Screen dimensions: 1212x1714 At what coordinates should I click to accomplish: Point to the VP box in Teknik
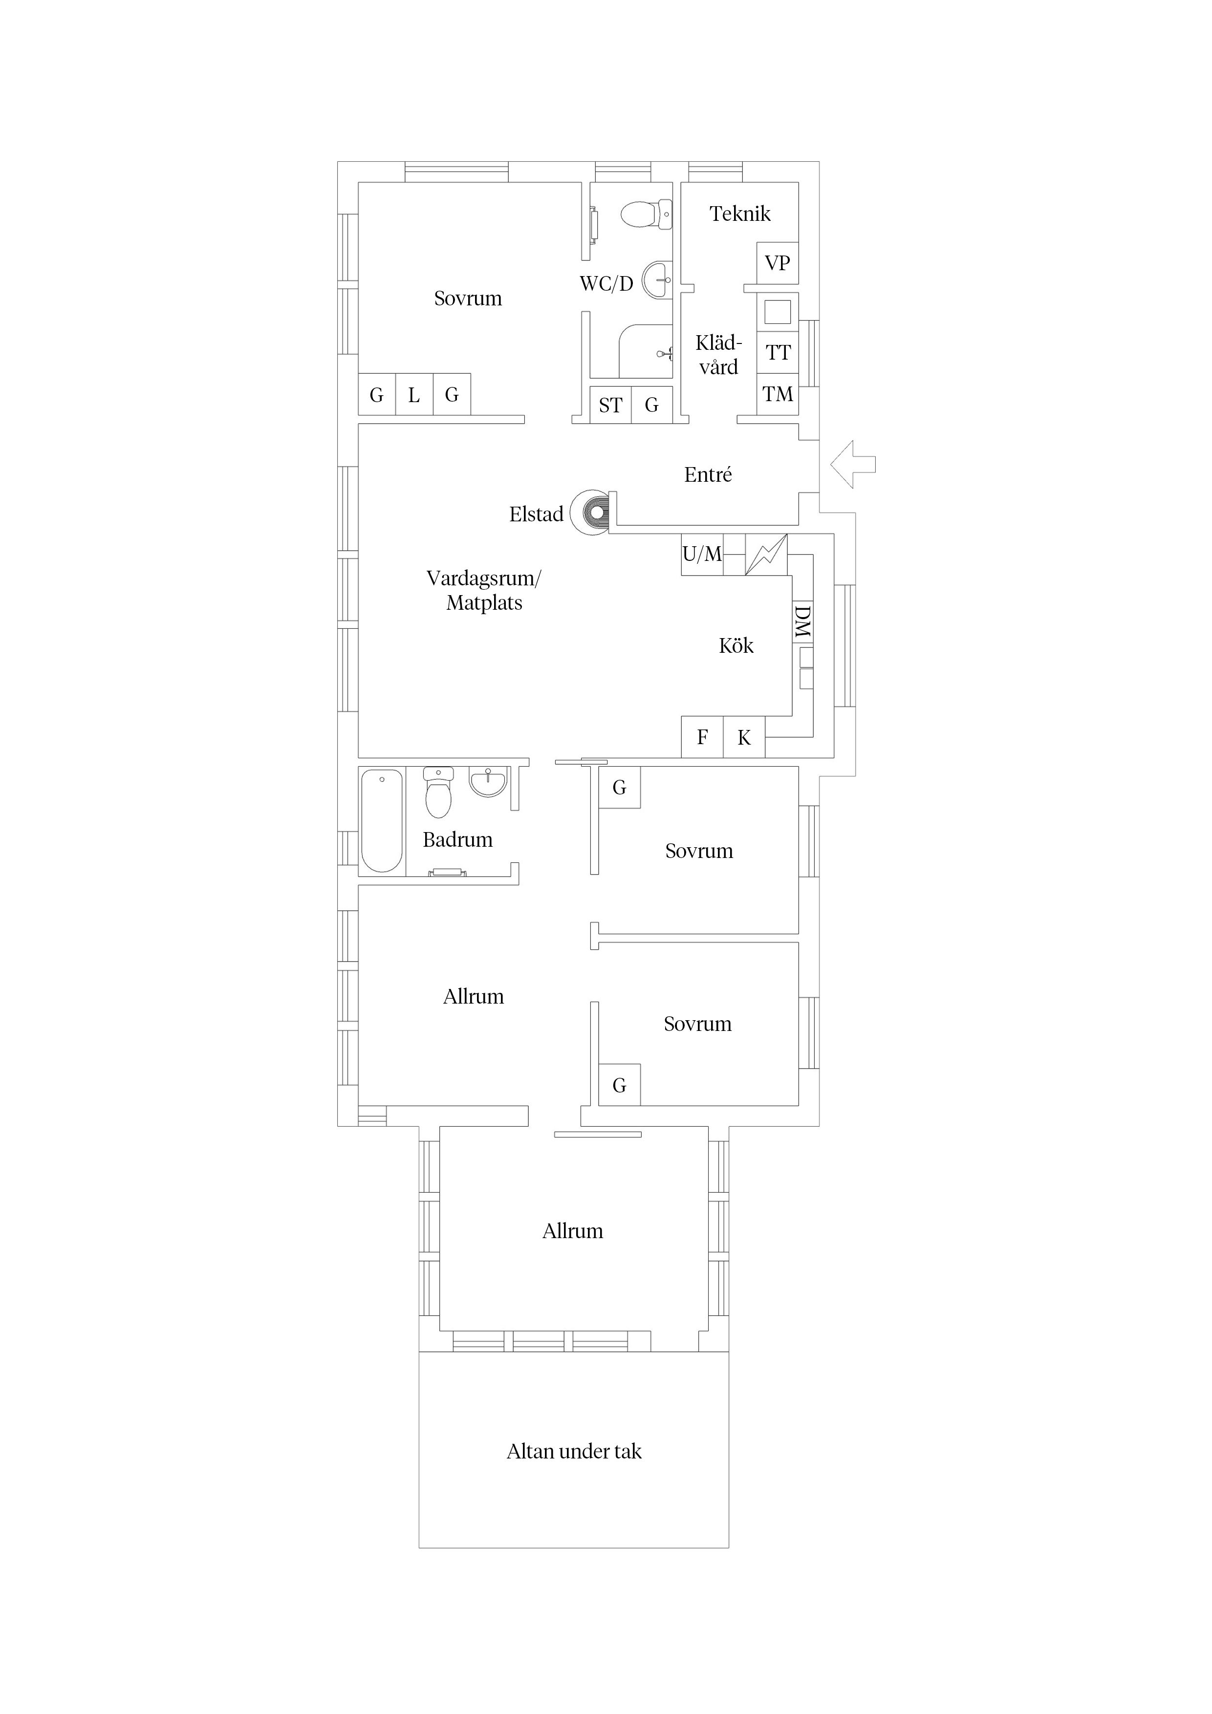point(778,263)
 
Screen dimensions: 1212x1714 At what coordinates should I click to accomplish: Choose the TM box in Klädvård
point(778,394)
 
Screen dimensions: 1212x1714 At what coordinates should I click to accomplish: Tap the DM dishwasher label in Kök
point(802,622)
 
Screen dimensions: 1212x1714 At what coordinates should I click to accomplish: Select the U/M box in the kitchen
point(702,554)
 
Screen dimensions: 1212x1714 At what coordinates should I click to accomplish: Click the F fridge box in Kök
point(702,738)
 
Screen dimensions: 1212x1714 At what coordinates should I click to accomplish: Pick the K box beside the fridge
point(744,738)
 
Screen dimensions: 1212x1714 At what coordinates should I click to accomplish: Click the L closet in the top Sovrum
point(414,394)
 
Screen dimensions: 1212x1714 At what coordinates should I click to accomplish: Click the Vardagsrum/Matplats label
point(484,591)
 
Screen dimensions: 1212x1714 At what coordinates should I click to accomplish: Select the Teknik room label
point(740,214)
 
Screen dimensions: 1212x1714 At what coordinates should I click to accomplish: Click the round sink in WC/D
point(658,280)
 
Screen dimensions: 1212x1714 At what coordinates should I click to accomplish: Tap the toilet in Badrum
point(438,792)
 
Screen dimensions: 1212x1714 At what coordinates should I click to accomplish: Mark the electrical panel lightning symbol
point(766,555)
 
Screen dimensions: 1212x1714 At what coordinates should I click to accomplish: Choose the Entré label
point(708,475)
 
